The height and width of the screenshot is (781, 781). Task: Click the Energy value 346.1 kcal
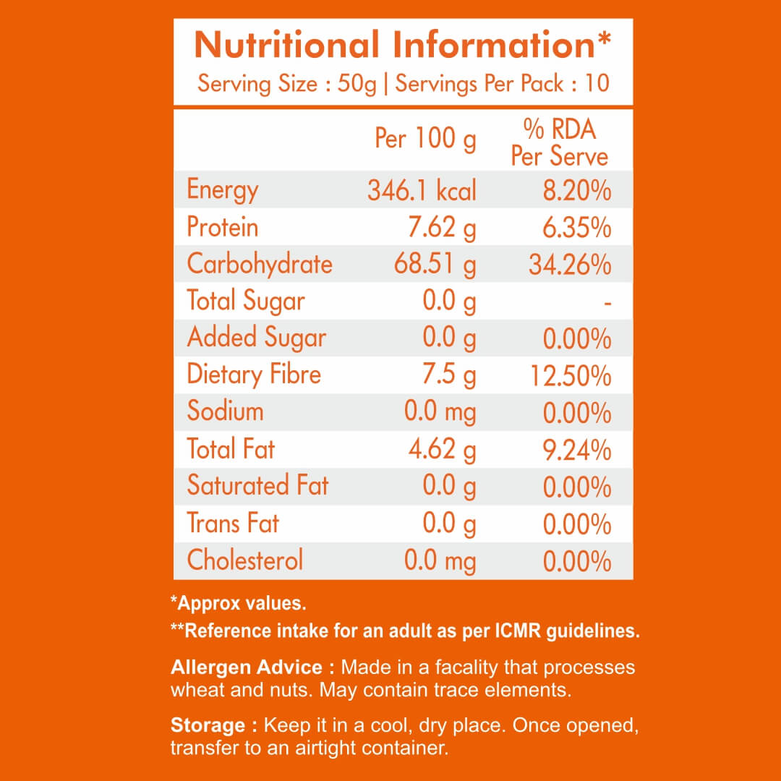(422, 191)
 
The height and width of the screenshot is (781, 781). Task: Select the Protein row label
(222, 228)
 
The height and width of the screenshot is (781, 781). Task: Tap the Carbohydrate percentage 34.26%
(571, 265)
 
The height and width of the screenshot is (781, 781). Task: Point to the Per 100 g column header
(425, 138)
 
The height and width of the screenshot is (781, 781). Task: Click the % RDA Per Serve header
(559, 142)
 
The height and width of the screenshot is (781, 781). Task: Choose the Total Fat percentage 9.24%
(576, 450)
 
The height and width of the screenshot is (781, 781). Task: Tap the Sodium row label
(225, 411)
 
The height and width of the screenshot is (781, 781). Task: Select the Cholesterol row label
(244, 560)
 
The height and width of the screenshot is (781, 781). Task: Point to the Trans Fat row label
(233, 523)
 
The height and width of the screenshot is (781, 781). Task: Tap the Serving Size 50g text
(287, 83)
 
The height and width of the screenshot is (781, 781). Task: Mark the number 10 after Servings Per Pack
(597, 83)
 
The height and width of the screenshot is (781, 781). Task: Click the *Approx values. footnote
(238, 602)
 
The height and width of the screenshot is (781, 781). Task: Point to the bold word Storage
(208, 725)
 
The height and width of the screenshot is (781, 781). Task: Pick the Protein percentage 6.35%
(576, 228)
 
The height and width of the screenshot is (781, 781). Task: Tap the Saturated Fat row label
(257, 485)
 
